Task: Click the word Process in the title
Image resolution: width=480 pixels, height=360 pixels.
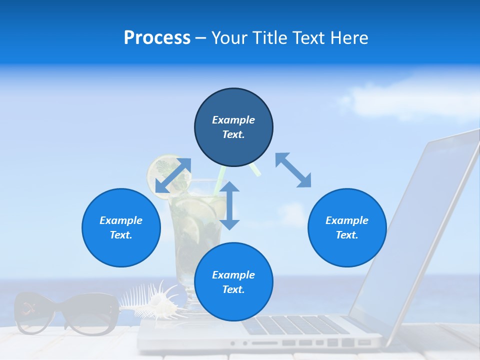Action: coord(157,38)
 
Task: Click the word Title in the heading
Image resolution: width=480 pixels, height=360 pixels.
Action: coord(270,38)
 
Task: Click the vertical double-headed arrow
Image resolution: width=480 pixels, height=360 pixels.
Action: coord(229,205)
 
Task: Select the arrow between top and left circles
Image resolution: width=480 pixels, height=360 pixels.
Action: coord(173,175)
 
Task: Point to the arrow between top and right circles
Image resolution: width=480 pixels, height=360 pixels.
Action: coord(293,170)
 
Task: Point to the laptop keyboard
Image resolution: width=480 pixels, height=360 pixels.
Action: coord(295,325)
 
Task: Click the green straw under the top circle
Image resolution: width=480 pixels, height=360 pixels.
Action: coord(255,170)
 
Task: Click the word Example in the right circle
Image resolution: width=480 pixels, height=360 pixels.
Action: coord(347,220)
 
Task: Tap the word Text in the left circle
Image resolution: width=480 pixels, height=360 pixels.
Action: coord(121,235)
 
